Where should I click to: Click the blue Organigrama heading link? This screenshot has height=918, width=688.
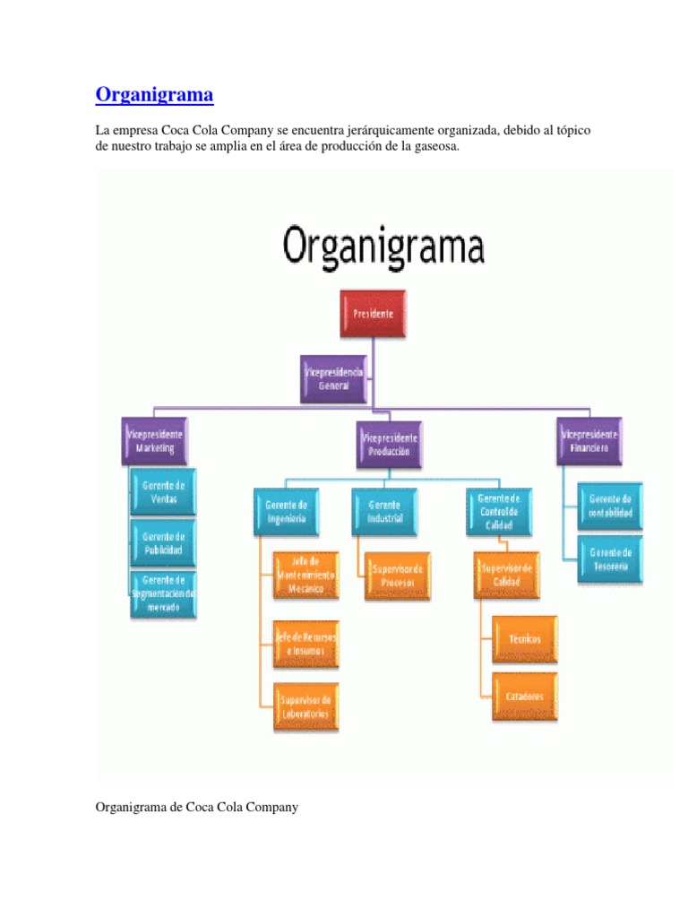(x=155, y=94)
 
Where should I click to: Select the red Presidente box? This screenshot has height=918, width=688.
(x=373, y=314)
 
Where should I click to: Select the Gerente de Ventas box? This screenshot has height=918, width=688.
(x=163, y=491)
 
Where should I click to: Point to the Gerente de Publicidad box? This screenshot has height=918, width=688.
(x=163, y=542)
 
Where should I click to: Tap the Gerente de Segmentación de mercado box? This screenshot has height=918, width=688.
(x=163, y=593)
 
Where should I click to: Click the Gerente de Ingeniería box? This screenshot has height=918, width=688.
(x=286, y=511)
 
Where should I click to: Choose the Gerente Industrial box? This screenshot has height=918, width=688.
(x=384, y=511)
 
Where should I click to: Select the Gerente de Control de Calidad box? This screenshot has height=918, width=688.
(x=499, y=511)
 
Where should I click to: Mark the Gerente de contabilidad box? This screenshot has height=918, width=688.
(x=610, y=507)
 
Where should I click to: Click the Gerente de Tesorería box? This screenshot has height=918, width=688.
(x=610, y=559)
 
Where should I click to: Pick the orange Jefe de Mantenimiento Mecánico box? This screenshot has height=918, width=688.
(x=306, y=575)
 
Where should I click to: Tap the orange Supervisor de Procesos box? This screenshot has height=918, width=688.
(x=397, y=575)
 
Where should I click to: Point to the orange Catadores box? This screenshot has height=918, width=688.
(x=524, y=696)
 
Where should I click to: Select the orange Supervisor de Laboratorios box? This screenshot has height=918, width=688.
(x=306, y=706)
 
